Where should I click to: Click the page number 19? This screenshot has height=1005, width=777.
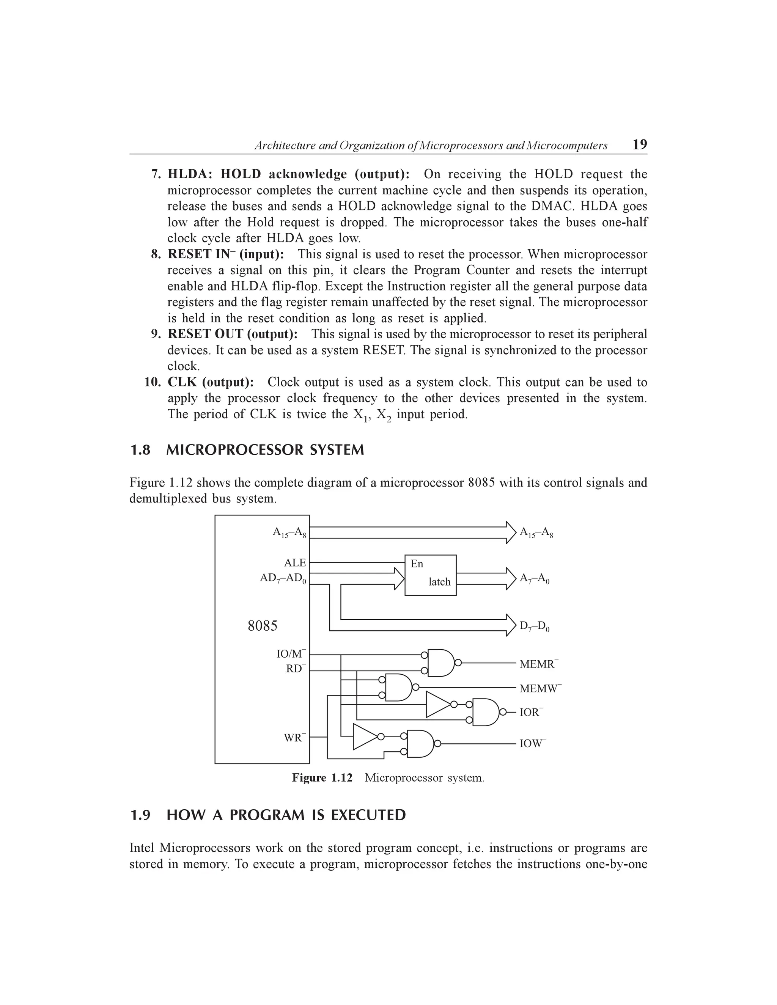point(640,144)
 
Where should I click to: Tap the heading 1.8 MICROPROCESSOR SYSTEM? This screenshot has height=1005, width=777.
point(247,449)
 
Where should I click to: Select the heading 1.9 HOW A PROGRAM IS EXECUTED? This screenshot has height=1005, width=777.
point(268,815)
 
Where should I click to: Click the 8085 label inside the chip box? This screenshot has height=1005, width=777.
point(263,626)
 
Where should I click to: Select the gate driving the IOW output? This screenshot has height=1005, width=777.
point(420,743)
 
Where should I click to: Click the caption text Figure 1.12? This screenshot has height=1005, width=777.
point(322,778)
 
